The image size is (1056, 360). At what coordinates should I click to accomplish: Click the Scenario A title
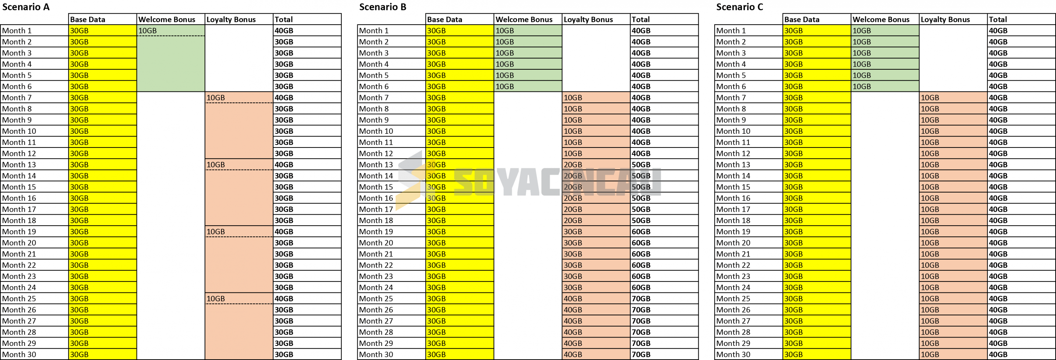26,7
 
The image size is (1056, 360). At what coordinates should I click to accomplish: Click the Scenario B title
383,7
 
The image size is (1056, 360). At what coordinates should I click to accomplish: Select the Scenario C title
740,7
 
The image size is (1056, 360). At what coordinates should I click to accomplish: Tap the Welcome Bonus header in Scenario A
167,19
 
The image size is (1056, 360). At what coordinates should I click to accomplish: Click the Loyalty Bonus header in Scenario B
588,19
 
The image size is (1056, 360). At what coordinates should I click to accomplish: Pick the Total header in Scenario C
998,19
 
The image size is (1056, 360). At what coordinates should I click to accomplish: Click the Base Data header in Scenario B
444,19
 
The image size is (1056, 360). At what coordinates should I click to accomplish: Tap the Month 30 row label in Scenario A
19,355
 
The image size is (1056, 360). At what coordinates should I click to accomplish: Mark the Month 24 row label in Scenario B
376,288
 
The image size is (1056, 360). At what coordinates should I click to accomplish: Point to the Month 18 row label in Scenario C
733,221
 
